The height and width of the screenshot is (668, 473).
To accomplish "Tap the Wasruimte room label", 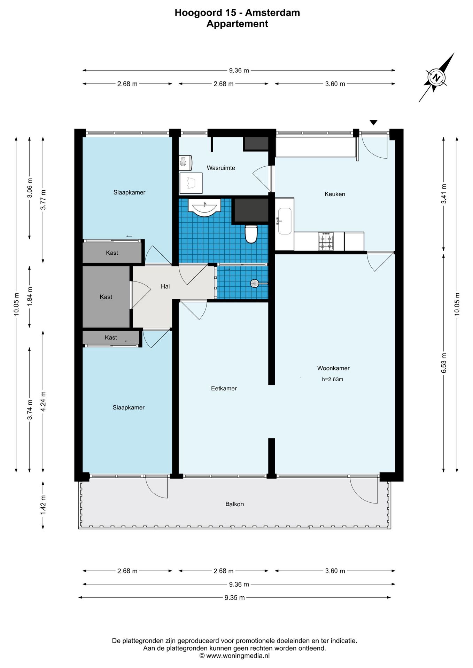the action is pyautogui.click(x=221, y=168).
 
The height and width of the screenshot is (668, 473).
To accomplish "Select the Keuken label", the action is pyautogui.click(x=335, y=194).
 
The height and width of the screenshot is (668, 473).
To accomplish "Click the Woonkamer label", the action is pyautogui.click(x=333, y=368).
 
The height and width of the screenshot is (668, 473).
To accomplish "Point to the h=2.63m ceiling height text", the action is pyautogui.click(x=333, y=379).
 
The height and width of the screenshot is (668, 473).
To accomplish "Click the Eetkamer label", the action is pyautogui.click(x=224, y=388).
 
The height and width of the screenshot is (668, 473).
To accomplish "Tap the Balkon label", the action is pyautogui.click(x=234, y=504).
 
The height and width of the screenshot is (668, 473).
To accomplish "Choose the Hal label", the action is pyautogui.click(x=165, y=286).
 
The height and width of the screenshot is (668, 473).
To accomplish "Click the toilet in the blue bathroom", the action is pyautogui.click(x=251, y=233).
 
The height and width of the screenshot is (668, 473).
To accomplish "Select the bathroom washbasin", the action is pyautogui.click(x=204, y=207).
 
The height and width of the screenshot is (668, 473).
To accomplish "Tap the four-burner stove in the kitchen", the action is pyautogui.click(x=326, y=241).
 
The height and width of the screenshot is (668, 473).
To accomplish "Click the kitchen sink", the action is pyautogui.click(x=285, y=221).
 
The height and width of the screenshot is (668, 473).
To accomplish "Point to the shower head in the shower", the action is pyautogui.click(x=255, y=284).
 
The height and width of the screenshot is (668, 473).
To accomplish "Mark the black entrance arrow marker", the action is pyautogui.click(x=373, y=122).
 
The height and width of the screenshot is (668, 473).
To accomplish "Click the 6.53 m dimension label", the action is pyautogui.click(x=444, y=363).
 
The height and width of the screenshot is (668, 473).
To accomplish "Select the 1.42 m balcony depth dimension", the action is pyautogui.click(x=43, y=505).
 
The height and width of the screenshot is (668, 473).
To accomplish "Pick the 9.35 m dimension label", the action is pyautogui.click(x=234, y=598).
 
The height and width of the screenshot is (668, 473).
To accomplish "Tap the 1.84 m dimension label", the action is pyautogui.click(x=30, y=297).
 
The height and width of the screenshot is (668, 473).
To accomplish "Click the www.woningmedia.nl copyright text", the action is pyautogui.click(x=234, y=656).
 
